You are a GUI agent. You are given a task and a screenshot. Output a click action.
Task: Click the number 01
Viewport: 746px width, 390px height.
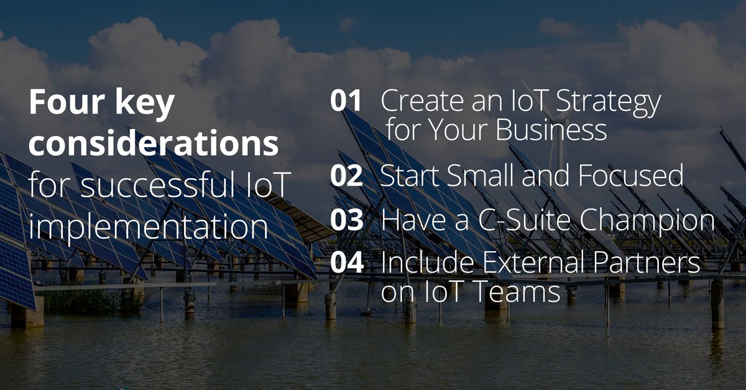pyautogui.click(x=346, y=101)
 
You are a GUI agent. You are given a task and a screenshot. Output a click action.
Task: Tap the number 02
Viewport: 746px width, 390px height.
pyautogui.click(x=346, y=176)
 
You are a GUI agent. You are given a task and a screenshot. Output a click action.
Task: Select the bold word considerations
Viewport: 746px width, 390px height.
pyautogui.click(x=154, y=145)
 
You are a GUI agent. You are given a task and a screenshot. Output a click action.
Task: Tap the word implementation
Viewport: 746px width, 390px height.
pyautogui.click(x=149, y=229)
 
